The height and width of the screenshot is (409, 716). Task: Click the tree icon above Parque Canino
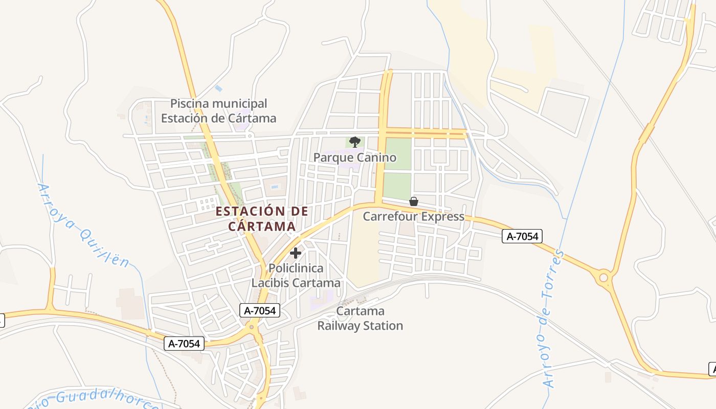coord(354,142)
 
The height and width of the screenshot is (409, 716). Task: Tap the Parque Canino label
coord(354,157)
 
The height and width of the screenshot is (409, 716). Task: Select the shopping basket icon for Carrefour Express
coord(414,201)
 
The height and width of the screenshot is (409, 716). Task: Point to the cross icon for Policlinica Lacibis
coord(296,253)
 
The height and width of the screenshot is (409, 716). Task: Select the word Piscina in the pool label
coord(189,104)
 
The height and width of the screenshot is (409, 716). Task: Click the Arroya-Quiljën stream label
coord(82,225)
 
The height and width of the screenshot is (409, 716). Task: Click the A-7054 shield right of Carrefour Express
coord(522,236)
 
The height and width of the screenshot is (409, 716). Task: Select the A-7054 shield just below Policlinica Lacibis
coord(260,310)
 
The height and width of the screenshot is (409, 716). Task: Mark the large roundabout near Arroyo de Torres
coord(603,278)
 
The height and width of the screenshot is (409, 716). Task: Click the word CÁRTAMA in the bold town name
coord(262,226)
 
